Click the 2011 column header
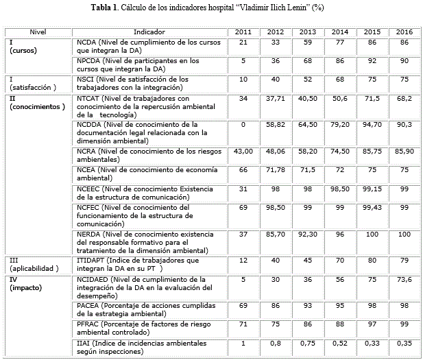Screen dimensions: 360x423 [x=243, y=32]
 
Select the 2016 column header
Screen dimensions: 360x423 [x=404, y=32]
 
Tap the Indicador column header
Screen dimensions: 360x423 [x=149, y=32]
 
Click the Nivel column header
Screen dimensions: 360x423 [x=38, y=32]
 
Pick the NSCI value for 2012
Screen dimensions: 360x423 [x=275, y=80]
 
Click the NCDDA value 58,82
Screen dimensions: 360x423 [x=275, y=124]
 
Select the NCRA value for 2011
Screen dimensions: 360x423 [x=243, y=149]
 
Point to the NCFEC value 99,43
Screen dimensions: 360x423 [x=372, y=206]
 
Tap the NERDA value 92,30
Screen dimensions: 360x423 [x=308, y=235]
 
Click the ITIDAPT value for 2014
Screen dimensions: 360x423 [x=339, y=261]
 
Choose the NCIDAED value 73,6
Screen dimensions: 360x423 [x=404, y=279]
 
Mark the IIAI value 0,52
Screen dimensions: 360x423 [x=339, y=343]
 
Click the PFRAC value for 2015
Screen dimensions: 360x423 [x=372, y=324]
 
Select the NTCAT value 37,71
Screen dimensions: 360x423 [x=275, y=98]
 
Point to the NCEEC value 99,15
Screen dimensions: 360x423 [x=372, y=187]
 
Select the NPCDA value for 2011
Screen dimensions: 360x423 [x=243, y=60]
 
